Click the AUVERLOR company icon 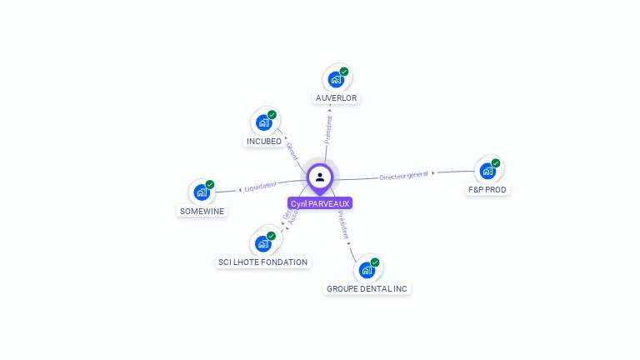pos(336,79)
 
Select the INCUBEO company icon pos(264,122)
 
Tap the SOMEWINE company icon pos(201,192)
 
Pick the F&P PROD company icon pos(487,171)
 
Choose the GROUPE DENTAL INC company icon pos(366,270)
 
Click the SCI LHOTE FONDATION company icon pos(263,243)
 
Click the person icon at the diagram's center pos(320,177)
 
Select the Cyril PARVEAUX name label pos(320,203)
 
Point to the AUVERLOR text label pos(337,98)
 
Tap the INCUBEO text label pos(263,142)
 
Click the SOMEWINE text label pos(201,212)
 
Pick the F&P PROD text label pos(487,190)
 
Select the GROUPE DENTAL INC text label pos(367,289)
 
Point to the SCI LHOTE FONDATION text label pos(263,262)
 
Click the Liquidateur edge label pos(261,187)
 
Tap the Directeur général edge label pos(403,175)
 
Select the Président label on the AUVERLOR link pos(328,128)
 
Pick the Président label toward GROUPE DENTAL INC pos(343,226)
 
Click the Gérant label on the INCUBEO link pos(292,151)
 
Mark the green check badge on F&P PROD pos(496,163)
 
